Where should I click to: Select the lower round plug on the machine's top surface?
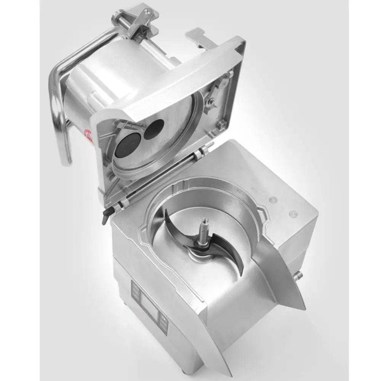(x=293, y=213)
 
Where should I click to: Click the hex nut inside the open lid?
(x=221, y=124)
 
